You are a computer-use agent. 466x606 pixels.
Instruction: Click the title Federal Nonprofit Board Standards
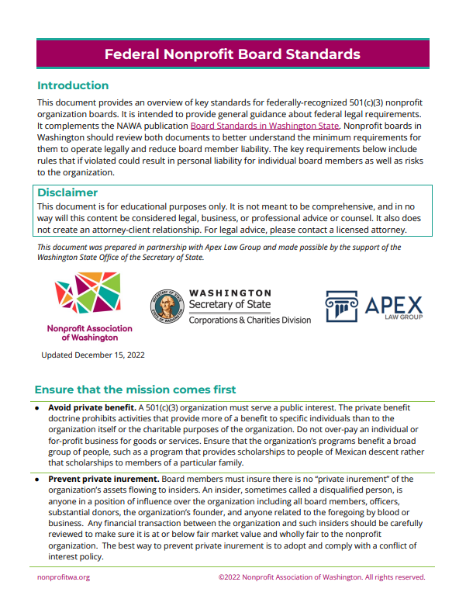[233, 54]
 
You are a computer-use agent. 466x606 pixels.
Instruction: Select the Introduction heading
[73, 85]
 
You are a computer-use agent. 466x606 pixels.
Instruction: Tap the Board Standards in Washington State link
[265, 125]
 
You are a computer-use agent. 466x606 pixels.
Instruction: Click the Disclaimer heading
[67, 192]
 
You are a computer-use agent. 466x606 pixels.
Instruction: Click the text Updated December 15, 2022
[92, 355]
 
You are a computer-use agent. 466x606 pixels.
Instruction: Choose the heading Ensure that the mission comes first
[136, 390]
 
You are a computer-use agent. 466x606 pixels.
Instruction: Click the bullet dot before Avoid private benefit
[38, 407]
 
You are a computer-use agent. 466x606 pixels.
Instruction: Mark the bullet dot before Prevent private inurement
[38, 479]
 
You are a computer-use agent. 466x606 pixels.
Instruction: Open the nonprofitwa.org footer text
[64, 577]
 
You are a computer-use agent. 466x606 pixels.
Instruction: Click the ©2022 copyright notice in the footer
[322, 577]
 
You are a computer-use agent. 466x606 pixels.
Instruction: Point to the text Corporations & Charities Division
[250, 320]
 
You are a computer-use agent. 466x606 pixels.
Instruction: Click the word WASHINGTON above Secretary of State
[230, 293]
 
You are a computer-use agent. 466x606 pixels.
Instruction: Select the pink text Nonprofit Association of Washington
[89, 333]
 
